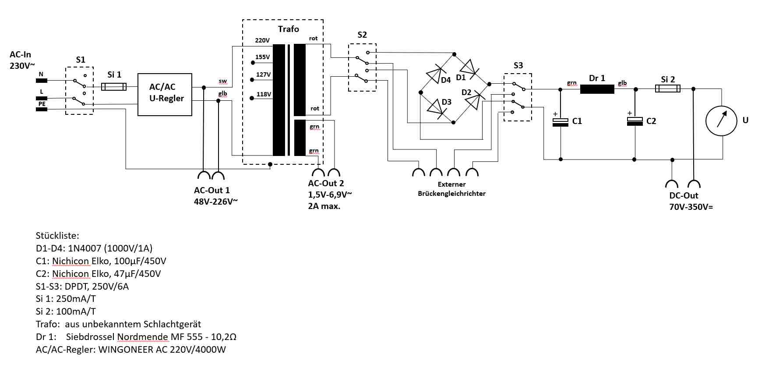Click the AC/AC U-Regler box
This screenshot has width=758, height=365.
tap(165, 94)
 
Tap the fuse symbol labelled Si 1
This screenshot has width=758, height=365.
tap(114, 87)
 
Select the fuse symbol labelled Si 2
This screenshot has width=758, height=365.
tap(667, 89)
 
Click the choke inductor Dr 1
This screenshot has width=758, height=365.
tap(597, 89)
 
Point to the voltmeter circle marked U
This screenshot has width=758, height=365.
tap(721, 120)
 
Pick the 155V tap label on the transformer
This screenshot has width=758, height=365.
tap(263, 57)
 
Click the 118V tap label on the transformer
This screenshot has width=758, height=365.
tap(264, 94)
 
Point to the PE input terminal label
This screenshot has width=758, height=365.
tap(42, 104)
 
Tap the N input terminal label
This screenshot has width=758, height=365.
tap(41, 74)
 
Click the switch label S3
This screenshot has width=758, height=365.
tap(518, 65)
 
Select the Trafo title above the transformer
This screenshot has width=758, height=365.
tap(288, 29)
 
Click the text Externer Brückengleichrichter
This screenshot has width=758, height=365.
tap(451, 189)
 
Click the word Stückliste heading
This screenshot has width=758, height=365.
tap(57, 235)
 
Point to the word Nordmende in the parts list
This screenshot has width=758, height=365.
tap(142, 337)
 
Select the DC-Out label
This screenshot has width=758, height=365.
tap(684, 195)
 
